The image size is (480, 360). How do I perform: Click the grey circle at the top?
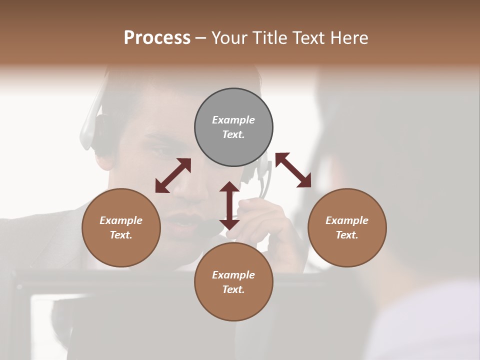coord(233,127)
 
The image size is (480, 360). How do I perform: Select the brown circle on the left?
coord(121,227)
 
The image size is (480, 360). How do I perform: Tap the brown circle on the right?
coord(347,227)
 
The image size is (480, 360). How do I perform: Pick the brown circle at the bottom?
coord(233,281)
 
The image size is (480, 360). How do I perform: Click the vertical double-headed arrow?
coord(229,205)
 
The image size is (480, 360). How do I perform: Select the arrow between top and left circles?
coord(173,175)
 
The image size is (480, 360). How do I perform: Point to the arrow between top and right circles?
coord(293,170)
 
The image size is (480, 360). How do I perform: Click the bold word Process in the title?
coord(157,37)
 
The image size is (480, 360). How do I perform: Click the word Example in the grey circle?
coord(233,120)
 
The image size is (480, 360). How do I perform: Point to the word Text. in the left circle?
coord(121,235)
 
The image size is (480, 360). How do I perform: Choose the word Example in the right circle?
coord(347,220)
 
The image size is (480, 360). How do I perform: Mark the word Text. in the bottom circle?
coord(233,289)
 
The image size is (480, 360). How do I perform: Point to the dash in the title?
coord(201,37)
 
